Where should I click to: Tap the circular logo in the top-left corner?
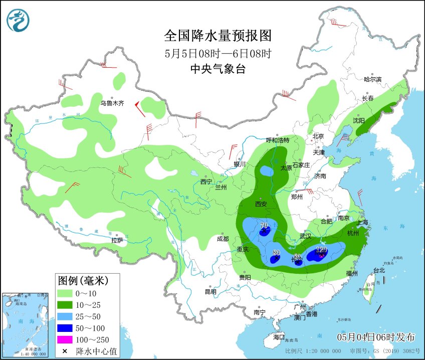click(18, 20)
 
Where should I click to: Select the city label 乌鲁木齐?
click(111, 103)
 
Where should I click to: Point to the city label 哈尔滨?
click(372, 79)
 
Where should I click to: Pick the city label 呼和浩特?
click(277, 140)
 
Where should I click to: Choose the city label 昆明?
click(210, 292)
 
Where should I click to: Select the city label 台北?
click(379, 270)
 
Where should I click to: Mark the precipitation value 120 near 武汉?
click(321, 250)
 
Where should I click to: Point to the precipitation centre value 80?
click(276, 253)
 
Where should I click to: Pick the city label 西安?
click(261, 204)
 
